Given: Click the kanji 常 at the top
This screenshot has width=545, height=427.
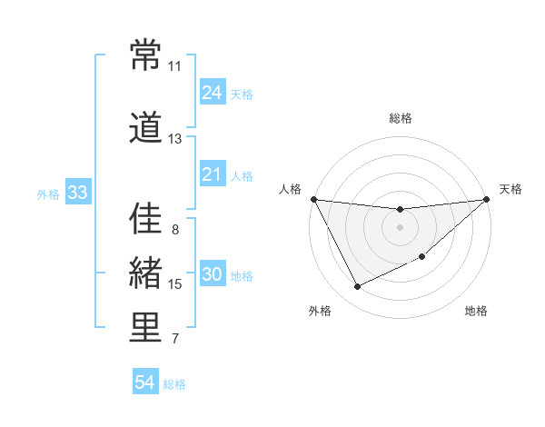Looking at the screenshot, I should pyautogui.click(x=145, y=55).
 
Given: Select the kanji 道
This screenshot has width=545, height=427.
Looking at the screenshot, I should pyautogui.click(x=145, y=128).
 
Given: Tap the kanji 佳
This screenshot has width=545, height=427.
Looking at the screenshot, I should pyautogui.click(x=145, y=219).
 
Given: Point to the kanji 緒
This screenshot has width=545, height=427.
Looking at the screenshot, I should pyautogui.click(x=145, y=273).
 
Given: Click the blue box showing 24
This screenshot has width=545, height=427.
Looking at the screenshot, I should pyautogui.click(x=213, y=92).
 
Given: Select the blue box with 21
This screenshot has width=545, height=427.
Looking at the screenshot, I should pyautogui.click(x=213, y=174).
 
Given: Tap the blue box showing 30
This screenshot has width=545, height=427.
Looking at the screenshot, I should pyautogui.click(x=213, y=275).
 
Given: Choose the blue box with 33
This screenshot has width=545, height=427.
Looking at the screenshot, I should pyautogui.click(x=77, y=193).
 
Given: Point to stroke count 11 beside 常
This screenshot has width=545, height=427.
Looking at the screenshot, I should pyautogui.click(x=174, y=66).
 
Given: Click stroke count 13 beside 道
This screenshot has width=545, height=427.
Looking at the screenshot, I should pyautogui.click(x=174, y=139).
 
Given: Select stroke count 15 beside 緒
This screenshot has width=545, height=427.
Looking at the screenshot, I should pyautogui.click(x=175, y=284).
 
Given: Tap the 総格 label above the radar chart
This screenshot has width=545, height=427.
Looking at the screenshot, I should pyautogui.click(x=400, y=118).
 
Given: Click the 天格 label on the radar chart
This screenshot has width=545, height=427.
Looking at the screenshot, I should pyautogui.click(x=510, y=189).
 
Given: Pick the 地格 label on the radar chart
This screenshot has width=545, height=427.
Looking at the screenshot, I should pyautogui.click(x=476, y=312).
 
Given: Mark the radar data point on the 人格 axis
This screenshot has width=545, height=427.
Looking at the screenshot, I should pyautogui.click(x=314, y=199).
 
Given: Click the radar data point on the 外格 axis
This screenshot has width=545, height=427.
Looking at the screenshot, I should pyautogui.click(x=357, y=287).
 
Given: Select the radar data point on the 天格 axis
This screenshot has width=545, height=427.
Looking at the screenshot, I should pyautogui.click(x=487, y=199).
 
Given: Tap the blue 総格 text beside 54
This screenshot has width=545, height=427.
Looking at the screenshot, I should pyautogui.click(x=174, y=384).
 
